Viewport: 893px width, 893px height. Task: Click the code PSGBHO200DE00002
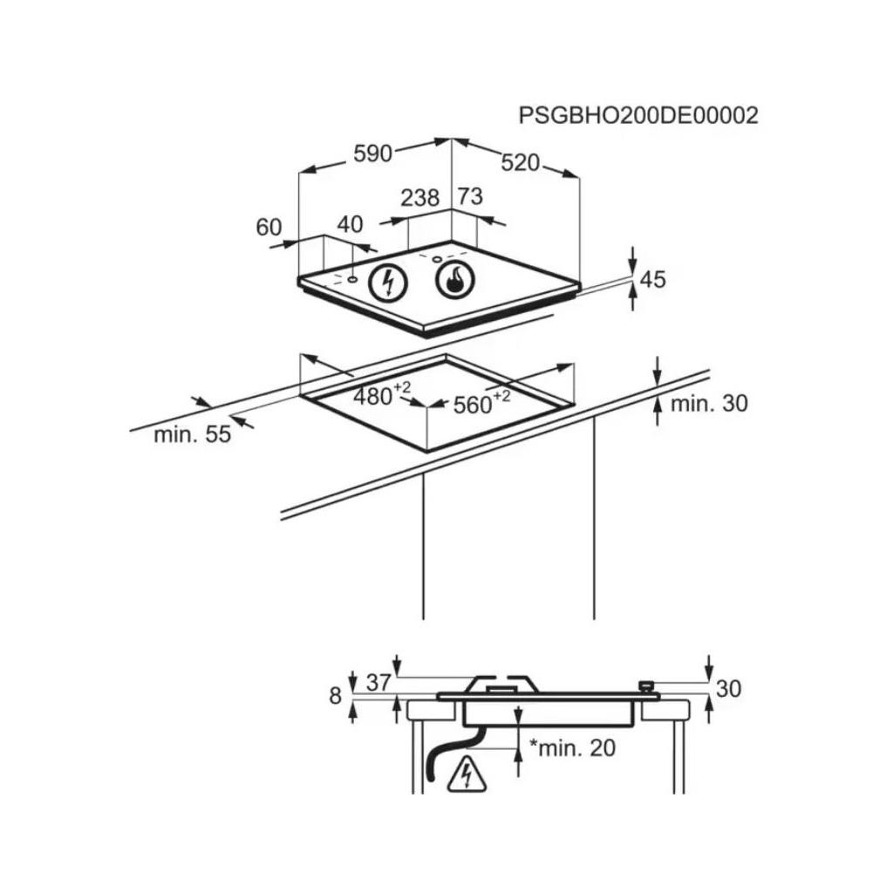(638, 115)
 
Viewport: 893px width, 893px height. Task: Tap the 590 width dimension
(372, 153)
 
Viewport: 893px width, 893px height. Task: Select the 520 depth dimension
(521, 162)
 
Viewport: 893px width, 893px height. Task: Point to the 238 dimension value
(419, 198)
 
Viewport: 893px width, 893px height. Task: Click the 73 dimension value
(469, 197)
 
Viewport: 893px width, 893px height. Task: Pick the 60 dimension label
(269, 228)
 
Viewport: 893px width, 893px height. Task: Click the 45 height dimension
(652, 280)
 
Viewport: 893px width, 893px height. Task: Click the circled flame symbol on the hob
(453, 280)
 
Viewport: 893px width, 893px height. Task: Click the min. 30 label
(710, 404)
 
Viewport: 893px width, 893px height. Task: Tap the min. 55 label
(193, 434)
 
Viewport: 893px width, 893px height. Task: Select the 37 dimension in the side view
(378, 683)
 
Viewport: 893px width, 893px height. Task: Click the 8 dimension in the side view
(335, 695)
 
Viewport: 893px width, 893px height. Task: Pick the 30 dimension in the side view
(728, 689)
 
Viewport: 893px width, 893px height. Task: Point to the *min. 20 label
(572, 747)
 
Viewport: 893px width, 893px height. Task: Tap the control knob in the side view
(647, 687)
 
